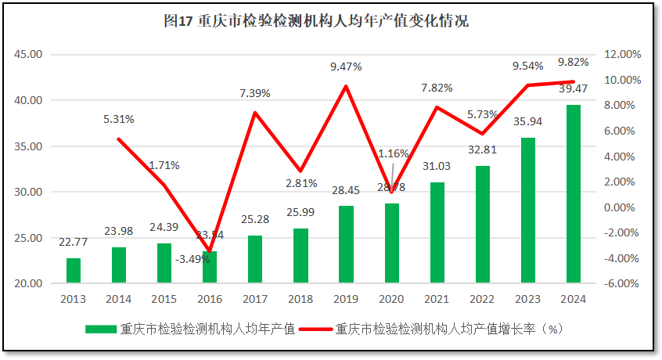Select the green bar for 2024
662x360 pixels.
573,193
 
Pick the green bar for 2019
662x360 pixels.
346,243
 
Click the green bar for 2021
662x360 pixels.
437,232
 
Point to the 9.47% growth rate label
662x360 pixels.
346,67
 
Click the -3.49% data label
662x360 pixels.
192,259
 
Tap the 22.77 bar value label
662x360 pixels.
74,242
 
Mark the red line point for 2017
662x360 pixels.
255,113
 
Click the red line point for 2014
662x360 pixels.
119,139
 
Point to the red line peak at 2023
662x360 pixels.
528,85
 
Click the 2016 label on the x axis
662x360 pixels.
210,298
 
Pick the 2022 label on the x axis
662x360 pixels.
482,298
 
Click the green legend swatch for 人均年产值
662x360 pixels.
100,329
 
